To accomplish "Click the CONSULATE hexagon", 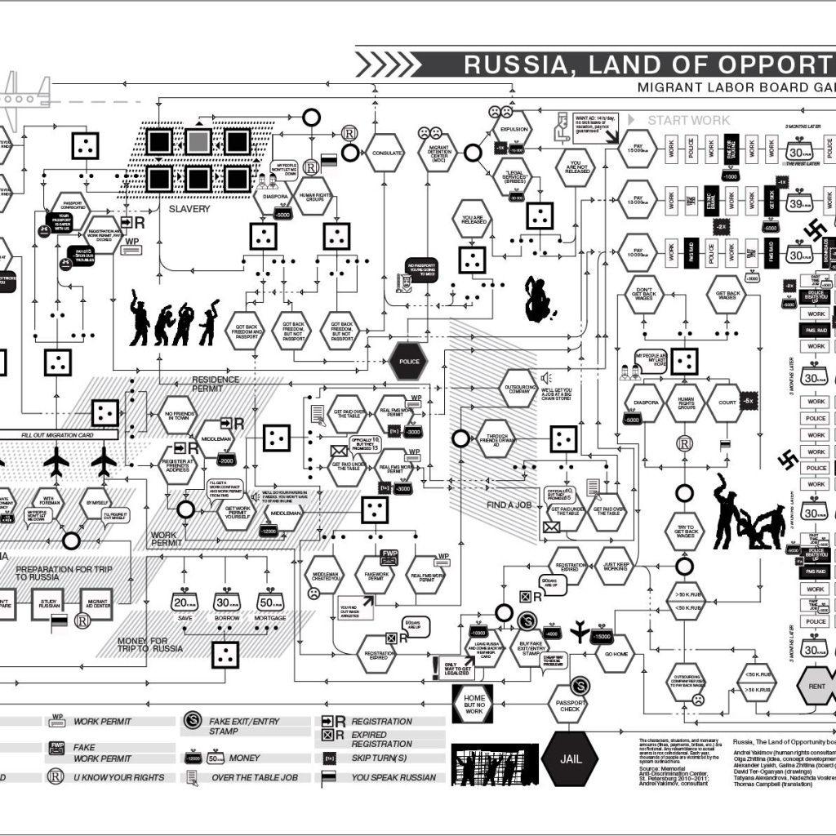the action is coord(384,153).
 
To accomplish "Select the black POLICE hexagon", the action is coord(408,360).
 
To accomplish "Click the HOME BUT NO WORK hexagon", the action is coord(474,704).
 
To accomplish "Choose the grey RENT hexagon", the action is coord(816,686).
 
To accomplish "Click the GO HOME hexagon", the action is coord(616,653).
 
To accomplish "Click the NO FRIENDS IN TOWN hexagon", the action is coord(177,415).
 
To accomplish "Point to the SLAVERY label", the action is coord(189,209).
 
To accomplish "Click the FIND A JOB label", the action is coord(509,505).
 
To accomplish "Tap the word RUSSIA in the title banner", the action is coord(519,64).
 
